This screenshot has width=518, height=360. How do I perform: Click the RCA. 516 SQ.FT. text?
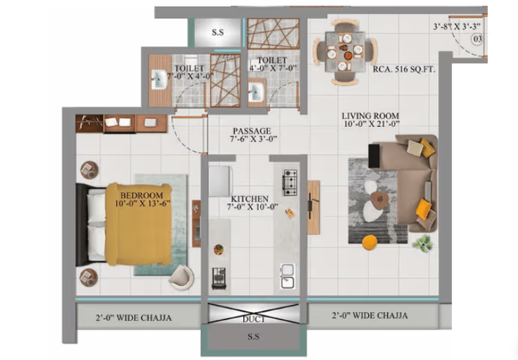click(401, 69)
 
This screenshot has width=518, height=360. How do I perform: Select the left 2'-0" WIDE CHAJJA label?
click(133, 317)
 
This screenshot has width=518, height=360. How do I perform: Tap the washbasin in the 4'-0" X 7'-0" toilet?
click(259, 91)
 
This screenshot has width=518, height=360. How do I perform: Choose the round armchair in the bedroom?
click(180, 276)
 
